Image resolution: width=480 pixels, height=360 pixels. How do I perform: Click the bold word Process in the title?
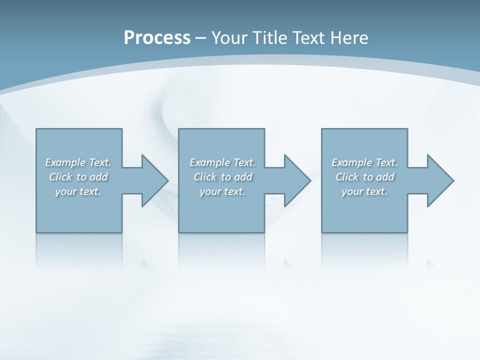point(157,38)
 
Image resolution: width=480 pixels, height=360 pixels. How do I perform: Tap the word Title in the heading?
point(269,38)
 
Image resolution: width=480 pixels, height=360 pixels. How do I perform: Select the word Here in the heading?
point(349,38)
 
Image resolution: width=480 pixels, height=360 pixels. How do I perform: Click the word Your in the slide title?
point(229,38)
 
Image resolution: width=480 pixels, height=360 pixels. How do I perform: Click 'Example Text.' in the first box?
point(78,162)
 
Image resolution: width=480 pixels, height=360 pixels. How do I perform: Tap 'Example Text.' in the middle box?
point(222,162)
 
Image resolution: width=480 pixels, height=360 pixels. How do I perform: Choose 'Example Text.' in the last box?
point(364,162)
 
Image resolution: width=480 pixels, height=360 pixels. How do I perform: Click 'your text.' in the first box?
point(78,191)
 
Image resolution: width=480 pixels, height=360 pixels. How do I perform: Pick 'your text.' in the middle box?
point(222,191)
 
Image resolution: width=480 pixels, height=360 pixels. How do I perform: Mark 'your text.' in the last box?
point(364,191)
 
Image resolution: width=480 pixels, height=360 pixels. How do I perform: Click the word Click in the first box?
point(60,177)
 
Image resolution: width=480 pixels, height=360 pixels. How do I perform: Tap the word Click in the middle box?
point(205,177)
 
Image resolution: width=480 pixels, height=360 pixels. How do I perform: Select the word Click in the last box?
point(347,177)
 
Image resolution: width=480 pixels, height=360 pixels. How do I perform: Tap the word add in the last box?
point(385,177)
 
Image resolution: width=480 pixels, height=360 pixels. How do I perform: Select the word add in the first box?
point(98,177)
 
